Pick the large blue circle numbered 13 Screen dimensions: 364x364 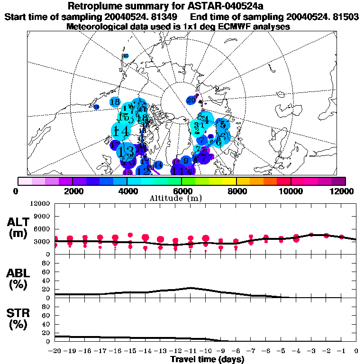click(126, 152)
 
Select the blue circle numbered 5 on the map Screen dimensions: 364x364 click(222, 125)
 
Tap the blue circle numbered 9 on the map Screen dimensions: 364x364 click(186, 161)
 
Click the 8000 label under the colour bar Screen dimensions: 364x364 click(236, 191)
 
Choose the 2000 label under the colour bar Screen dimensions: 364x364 click(72, 191)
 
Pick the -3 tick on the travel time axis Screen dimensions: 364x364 click(311, 351)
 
